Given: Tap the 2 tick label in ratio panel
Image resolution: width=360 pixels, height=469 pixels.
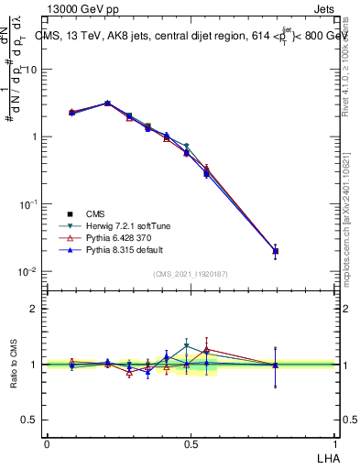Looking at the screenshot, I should coord(35,309).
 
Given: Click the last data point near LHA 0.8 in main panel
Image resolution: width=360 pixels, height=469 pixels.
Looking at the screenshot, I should coord(275,251).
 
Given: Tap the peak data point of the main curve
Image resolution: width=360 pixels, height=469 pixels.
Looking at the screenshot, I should coord(107,104).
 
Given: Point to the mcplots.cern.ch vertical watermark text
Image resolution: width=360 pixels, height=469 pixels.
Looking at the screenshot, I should coord(352,229).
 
